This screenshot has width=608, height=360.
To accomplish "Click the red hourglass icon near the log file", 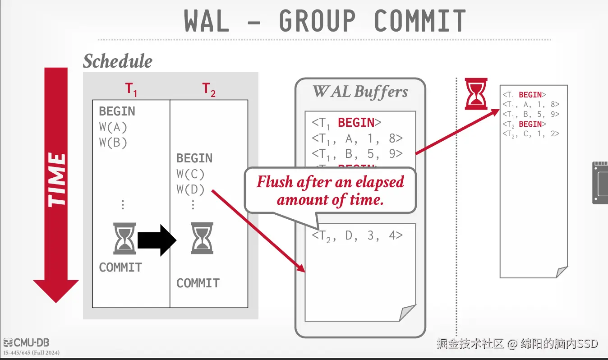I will (476, 94).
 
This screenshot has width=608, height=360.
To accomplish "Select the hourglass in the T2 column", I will (202, 237).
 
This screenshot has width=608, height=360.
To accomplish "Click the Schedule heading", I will (118, 61).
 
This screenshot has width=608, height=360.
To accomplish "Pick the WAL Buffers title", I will (360, 92).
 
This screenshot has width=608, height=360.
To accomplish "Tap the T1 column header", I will (131, 89).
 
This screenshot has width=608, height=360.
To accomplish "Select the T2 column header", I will (209, 89).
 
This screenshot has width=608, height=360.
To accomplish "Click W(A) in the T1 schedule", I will (113, 127).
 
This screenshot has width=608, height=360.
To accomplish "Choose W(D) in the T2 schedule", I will (190, 189).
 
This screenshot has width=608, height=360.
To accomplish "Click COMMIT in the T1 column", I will (120, 268).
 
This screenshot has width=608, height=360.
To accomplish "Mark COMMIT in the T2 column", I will (198, 283).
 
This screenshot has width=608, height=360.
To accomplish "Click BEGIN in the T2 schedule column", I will (194, 158).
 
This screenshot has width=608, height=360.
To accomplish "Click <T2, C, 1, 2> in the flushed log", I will (531, 134).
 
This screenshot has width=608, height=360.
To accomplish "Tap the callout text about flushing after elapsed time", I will (330, 190).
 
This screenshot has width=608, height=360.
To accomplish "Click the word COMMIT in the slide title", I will (419, 21).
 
